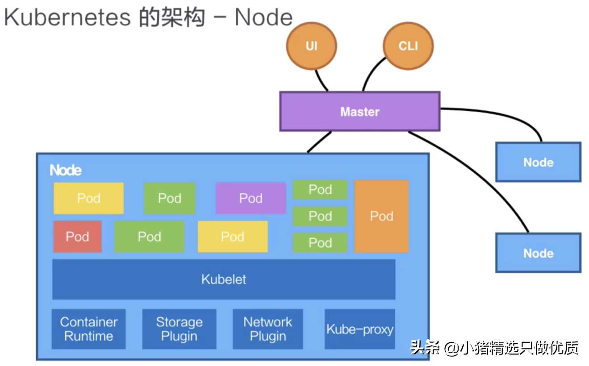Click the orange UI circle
click(312, 46)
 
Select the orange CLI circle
click(408, 46)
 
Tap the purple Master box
click(360, 112)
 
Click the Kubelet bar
click(224, 279)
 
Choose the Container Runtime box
click(88, 329)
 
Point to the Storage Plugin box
click(180, 329)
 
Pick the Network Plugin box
click(267, 329)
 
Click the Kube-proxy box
click(360, 329)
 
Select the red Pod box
click(77, 237)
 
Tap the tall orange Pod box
click(381, 216)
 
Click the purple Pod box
click(251, 198)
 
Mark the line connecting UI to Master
click(321, 81)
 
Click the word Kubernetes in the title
click(67, 17)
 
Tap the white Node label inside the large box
click(66, 170)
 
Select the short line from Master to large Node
click(319, 142)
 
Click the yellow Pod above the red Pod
click(88, 198)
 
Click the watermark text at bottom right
click(494, 348)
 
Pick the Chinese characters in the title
click(172, 17)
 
